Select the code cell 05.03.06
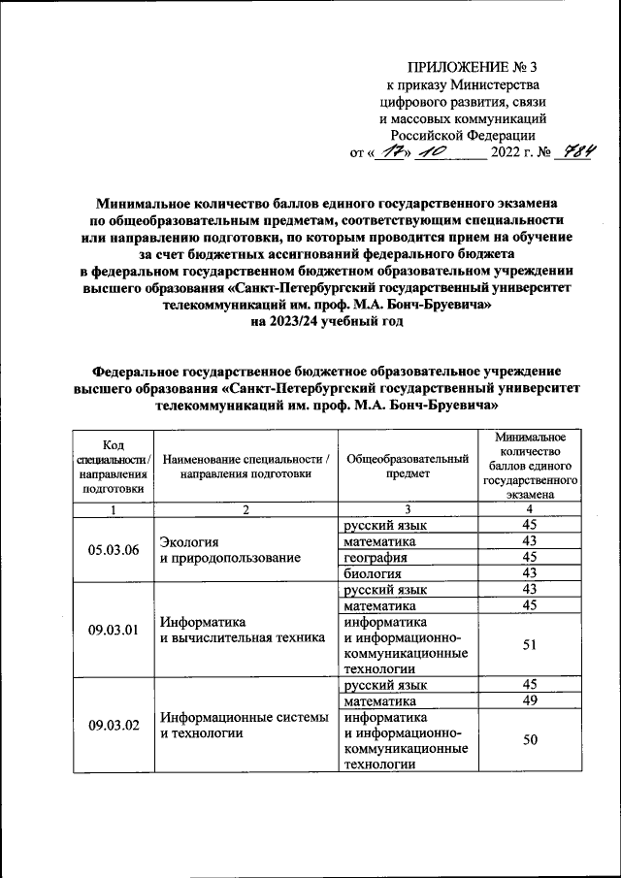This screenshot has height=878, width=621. (x=114, y=550)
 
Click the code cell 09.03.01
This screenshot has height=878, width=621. (x=114, y=630)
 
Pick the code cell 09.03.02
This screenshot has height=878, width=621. (x=114, y=725)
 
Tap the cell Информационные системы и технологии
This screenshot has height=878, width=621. (x=245, y=725)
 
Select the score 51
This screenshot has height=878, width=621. (x=529, y=645)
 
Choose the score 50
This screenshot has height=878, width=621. (x=529, y=740)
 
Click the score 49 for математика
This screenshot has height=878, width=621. (x=529, y=700)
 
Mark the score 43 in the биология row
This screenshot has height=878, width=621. (x=529, y=573)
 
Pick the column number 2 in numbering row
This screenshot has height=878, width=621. (x=245, y=509)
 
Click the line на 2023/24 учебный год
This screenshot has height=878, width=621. (x=310, y=323)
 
